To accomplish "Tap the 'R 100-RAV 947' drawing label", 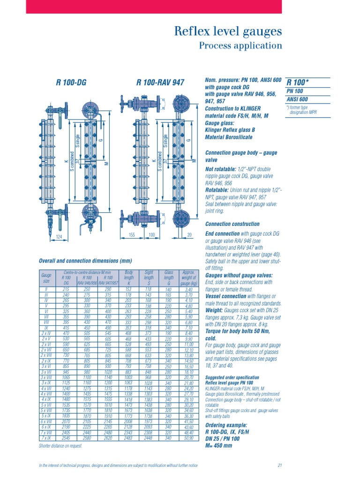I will pyautogui.click(x=160, y=83).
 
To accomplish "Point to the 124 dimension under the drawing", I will pyautogui.click(x=59, y=237).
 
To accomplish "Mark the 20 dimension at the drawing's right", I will pyautogui.click(x=190, y=234).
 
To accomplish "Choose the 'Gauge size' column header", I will pyautogui.click(x=46, y=280).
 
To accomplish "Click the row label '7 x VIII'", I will pyautogui.click(x=46, y=432).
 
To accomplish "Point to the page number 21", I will pyautogui.click(x=279, y=465).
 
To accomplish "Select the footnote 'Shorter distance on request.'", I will pyautogui.click(x=60, y=446).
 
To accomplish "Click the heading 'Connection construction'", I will pyautogui.click(x=232, y=224).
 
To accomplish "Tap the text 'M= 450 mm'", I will pyautogui.click(x=218, y=445).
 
